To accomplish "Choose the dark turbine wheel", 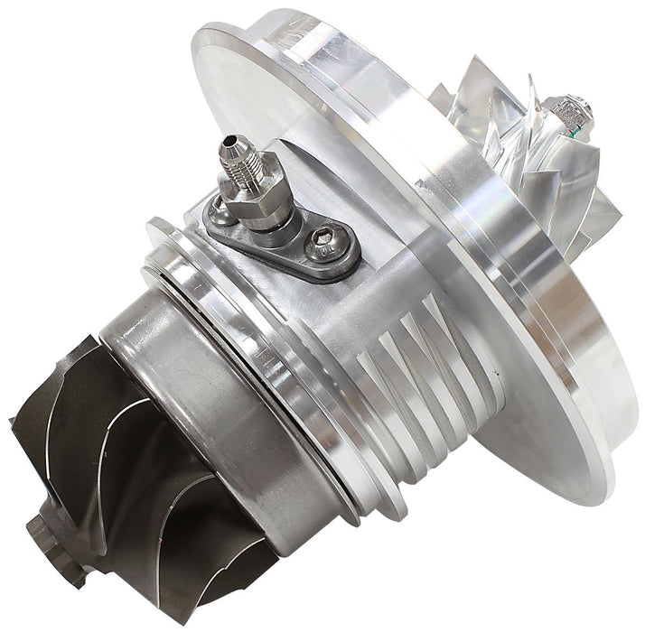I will pos(136,469).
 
